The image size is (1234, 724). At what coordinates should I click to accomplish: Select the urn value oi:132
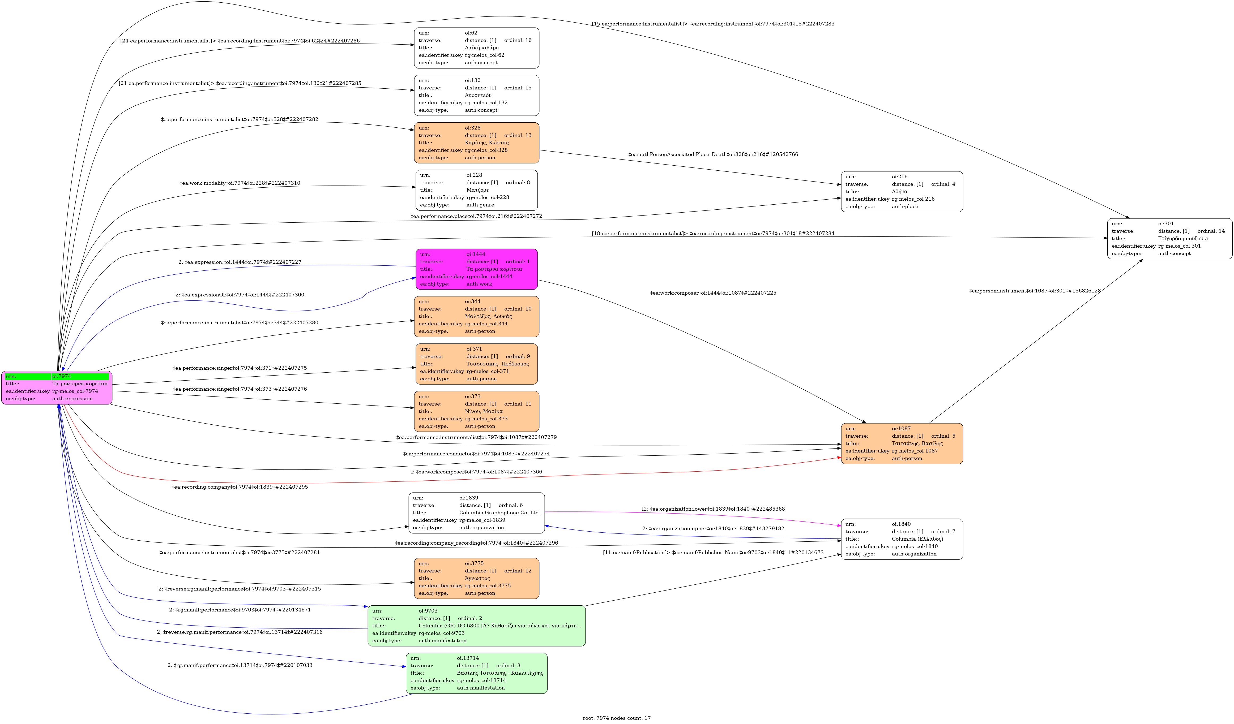click(473, 80)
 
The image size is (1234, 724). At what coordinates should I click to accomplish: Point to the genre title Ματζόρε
click(477, 190)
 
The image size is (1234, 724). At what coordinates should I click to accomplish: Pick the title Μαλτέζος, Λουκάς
click(488, 316)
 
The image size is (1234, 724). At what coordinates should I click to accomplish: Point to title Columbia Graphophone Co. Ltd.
click(499, 512)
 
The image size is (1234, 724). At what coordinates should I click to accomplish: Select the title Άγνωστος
click(477, 578)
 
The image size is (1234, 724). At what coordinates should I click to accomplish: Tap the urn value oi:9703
click(428, 611)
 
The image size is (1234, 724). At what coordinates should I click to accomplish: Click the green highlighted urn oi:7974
click(62, 376)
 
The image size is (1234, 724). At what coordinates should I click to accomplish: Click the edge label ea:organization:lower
click(713, 509)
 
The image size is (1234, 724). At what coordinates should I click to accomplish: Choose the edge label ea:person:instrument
click(1035, 291)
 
